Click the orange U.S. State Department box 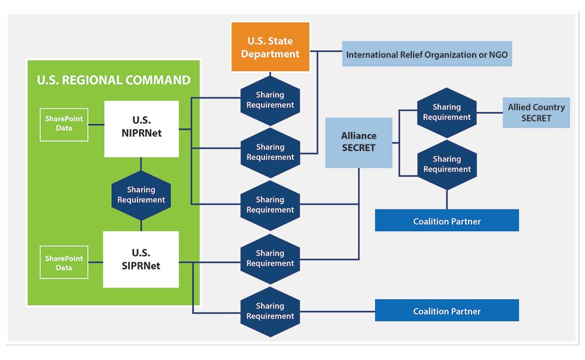tap(270, 47)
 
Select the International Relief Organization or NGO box tap(427, 54)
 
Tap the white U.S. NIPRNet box tap(142, 128)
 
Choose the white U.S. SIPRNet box tap(141, 259)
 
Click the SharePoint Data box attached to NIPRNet tap(64, 124)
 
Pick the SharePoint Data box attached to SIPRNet tap(64, 263)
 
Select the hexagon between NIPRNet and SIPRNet tap(141, 195)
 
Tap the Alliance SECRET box tap(359, 142)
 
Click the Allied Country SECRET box tap(536, 112)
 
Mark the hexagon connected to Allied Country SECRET tap(447, 112)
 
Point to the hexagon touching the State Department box tap(270, 100)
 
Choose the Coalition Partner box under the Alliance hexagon tap(446, 221)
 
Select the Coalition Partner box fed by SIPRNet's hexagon tap(446, 311)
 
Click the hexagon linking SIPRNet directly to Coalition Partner tap(270, 311)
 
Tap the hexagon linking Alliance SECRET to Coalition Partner tap(447, 164)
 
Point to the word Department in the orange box tap(270, 54)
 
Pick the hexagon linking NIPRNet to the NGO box tap(270, 152)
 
